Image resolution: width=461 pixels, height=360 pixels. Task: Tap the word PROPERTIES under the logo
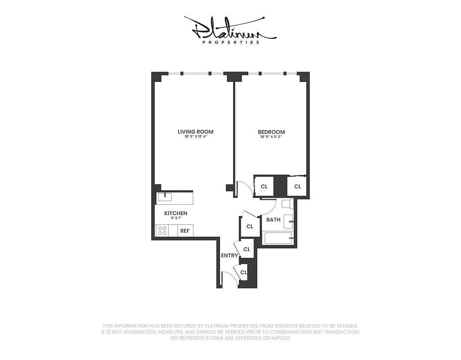tap(231, 43)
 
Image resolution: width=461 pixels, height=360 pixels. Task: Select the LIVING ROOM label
tap(195, 132)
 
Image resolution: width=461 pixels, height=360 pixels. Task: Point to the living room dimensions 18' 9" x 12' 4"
tap(195, 137)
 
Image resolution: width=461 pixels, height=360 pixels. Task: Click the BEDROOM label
tap(271, 132)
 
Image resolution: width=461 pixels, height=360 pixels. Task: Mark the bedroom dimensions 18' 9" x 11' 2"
tap(271, 137)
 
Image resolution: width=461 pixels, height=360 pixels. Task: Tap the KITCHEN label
tap(175, 213)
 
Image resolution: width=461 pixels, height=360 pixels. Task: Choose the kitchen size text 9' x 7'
tap(175, 218)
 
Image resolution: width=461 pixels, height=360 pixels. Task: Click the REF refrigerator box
tap(185, 231)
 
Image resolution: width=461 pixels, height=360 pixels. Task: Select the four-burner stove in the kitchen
tap(162, 231)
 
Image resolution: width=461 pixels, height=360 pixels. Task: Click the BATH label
tap(273, 220)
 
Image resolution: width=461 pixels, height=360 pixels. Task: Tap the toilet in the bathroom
tap(287, 204)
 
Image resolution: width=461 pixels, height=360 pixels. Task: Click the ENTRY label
tap(229, 256)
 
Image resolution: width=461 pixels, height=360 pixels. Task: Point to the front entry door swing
tap(230, 279)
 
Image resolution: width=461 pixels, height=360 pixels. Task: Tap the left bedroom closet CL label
tap(264, 186)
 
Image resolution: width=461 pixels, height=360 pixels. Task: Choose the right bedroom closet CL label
tap(297, 186)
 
